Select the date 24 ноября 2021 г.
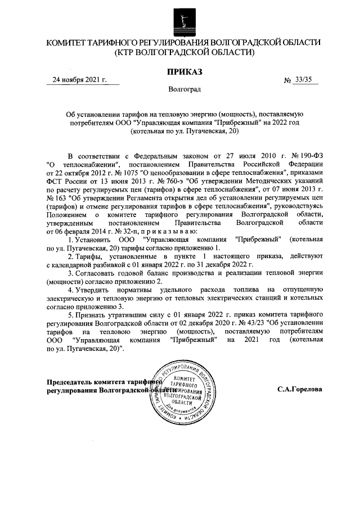[79, 80]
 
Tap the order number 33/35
[305, 80]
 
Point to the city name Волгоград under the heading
[184, 89]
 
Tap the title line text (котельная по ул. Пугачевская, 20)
[184, 131]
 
